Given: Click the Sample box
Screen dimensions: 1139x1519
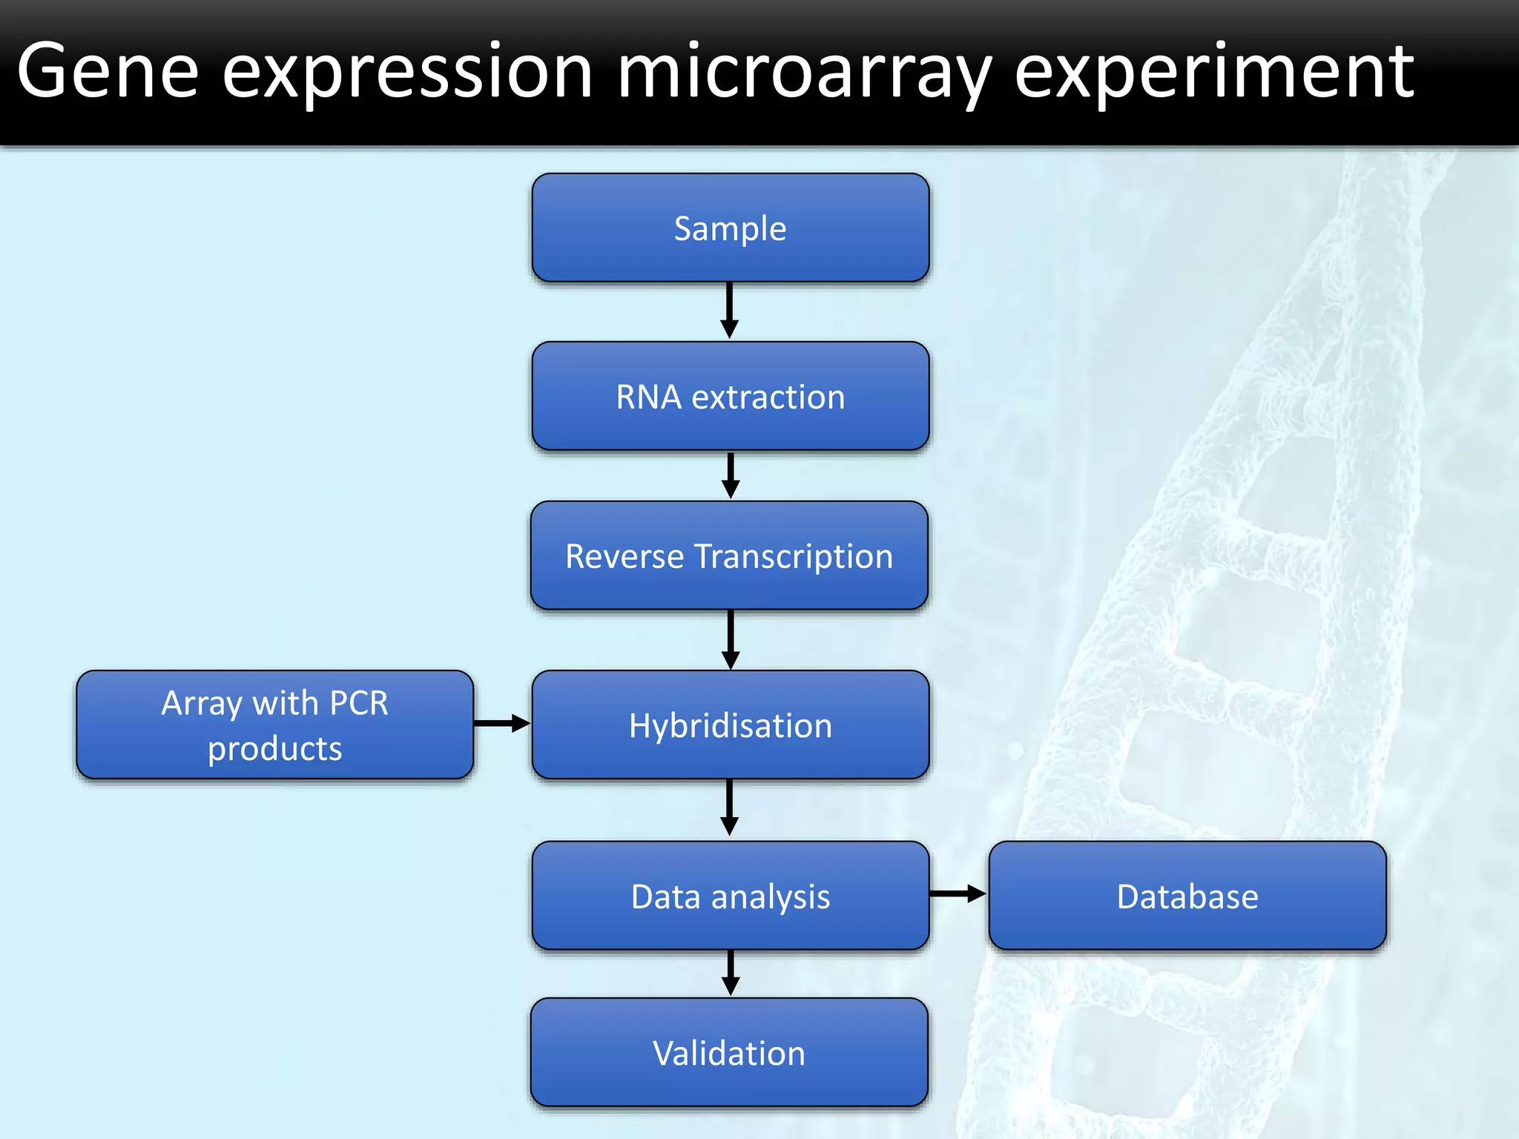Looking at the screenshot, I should click(730, 228).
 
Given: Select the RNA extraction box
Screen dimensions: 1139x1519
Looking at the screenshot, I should click(730, 396).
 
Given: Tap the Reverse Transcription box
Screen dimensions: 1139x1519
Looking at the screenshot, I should click(729, 555).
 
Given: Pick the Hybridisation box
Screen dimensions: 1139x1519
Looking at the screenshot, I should click(730, 724).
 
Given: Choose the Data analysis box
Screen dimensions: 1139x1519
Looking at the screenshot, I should click(730, 895).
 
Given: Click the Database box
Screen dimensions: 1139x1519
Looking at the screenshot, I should click(1187, 895).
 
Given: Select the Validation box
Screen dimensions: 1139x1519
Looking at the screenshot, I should click(729, 1052).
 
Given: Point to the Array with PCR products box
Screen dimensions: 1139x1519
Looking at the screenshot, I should click(274, 724).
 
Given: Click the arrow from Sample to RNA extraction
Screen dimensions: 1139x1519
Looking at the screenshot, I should click(730, 310).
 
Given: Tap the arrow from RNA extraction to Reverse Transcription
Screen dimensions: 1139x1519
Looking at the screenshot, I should click(731, 475).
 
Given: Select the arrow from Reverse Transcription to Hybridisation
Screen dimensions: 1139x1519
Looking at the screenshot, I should click(731, 639).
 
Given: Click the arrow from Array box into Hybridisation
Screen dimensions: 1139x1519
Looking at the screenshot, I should click(501, 723).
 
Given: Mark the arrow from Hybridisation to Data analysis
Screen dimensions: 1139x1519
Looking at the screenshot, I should click(730, 807).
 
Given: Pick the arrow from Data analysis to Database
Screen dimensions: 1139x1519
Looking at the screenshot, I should click(958, 894).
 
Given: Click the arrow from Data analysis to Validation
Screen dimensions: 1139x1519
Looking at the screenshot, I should click(731, 973).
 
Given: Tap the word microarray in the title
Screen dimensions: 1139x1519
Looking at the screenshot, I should click(804, 73).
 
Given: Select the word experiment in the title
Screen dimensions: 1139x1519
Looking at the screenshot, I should click(1213, 73).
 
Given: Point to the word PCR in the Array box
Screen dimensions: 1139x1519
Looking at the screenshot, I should click(358, 702).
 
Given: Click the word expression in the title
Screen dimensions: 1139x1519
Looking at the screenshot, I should click(407, 73).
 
